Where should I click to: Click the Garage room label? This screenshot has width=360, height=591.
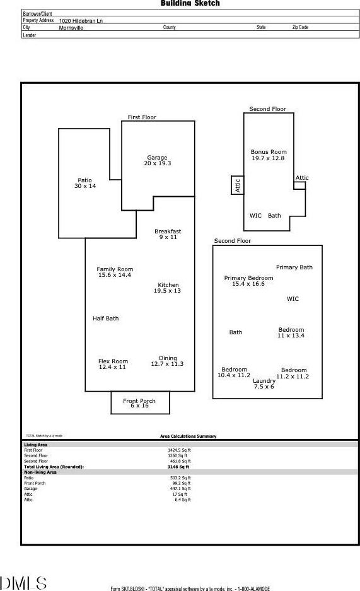point(157,158)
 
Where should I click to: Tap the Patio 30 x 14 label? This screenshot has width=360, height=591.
point(85,183)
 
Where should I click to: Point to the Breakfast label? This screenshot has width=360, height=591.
point(168,231)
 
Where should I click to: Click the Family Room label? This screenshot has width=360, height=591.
point(115,269)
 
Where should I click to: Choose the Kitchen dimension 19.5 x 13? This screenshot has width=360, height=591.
point(167,291)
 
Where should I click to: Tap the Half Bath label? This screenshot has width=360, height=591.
point(105,319)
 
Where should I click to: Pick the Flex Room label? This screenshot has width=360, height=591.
point(113,361)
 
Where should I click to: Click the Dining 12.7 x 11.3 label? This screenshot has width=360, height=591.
point(167,361)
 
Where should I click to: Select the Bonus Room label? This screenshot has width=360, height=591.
point(269,152)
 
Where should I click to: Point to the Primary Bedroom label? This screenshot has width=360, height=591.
point(248,278)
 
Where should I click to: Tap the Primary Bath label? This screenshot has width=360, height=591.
point(294,267)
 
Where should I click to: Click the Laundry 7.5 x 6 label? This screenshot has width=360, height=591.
point(264,383)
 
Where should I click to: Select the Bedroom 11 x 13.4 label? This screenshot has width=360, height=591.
point(291,332)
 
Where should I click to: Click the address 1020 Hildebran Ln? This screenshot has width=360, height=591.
point(81,21)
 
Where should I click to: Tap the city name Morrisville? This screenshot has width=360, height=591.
point(71,28)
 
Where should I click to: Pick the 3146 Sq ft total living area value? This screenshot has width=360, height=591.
point(178,467)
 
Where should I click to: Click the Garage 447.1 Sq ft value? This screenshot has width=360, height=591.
point(180,488)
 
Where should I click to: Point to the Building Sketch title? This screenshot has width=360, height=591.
point(190,3)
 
